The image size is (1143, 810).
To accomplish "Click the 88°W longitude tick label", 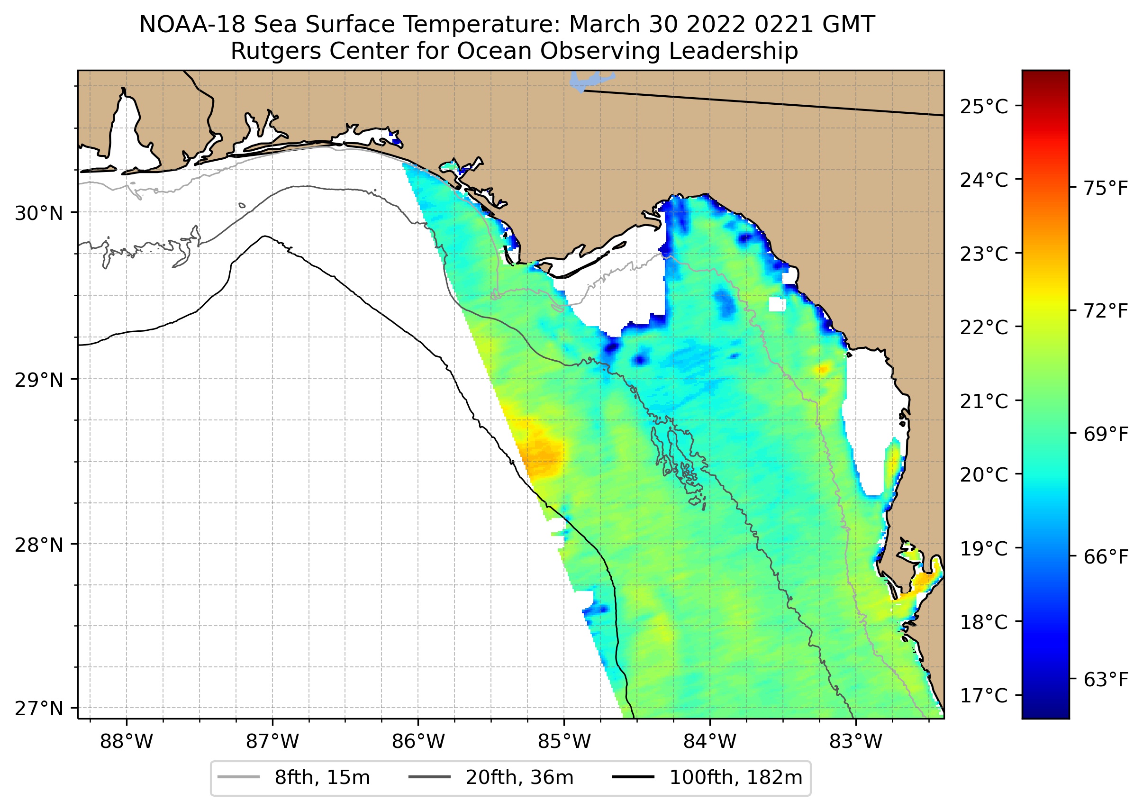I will click(126, 742).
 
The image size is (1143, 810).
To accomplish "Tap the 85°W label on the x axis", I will click(564, 742).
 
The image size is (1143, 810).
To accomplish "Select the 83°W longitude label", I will click(856, 742).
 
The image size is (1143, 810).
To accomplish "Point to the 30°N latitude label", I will click(39, 213).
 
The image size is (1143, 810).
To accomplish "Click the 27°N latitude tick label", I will click(39, 708).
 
